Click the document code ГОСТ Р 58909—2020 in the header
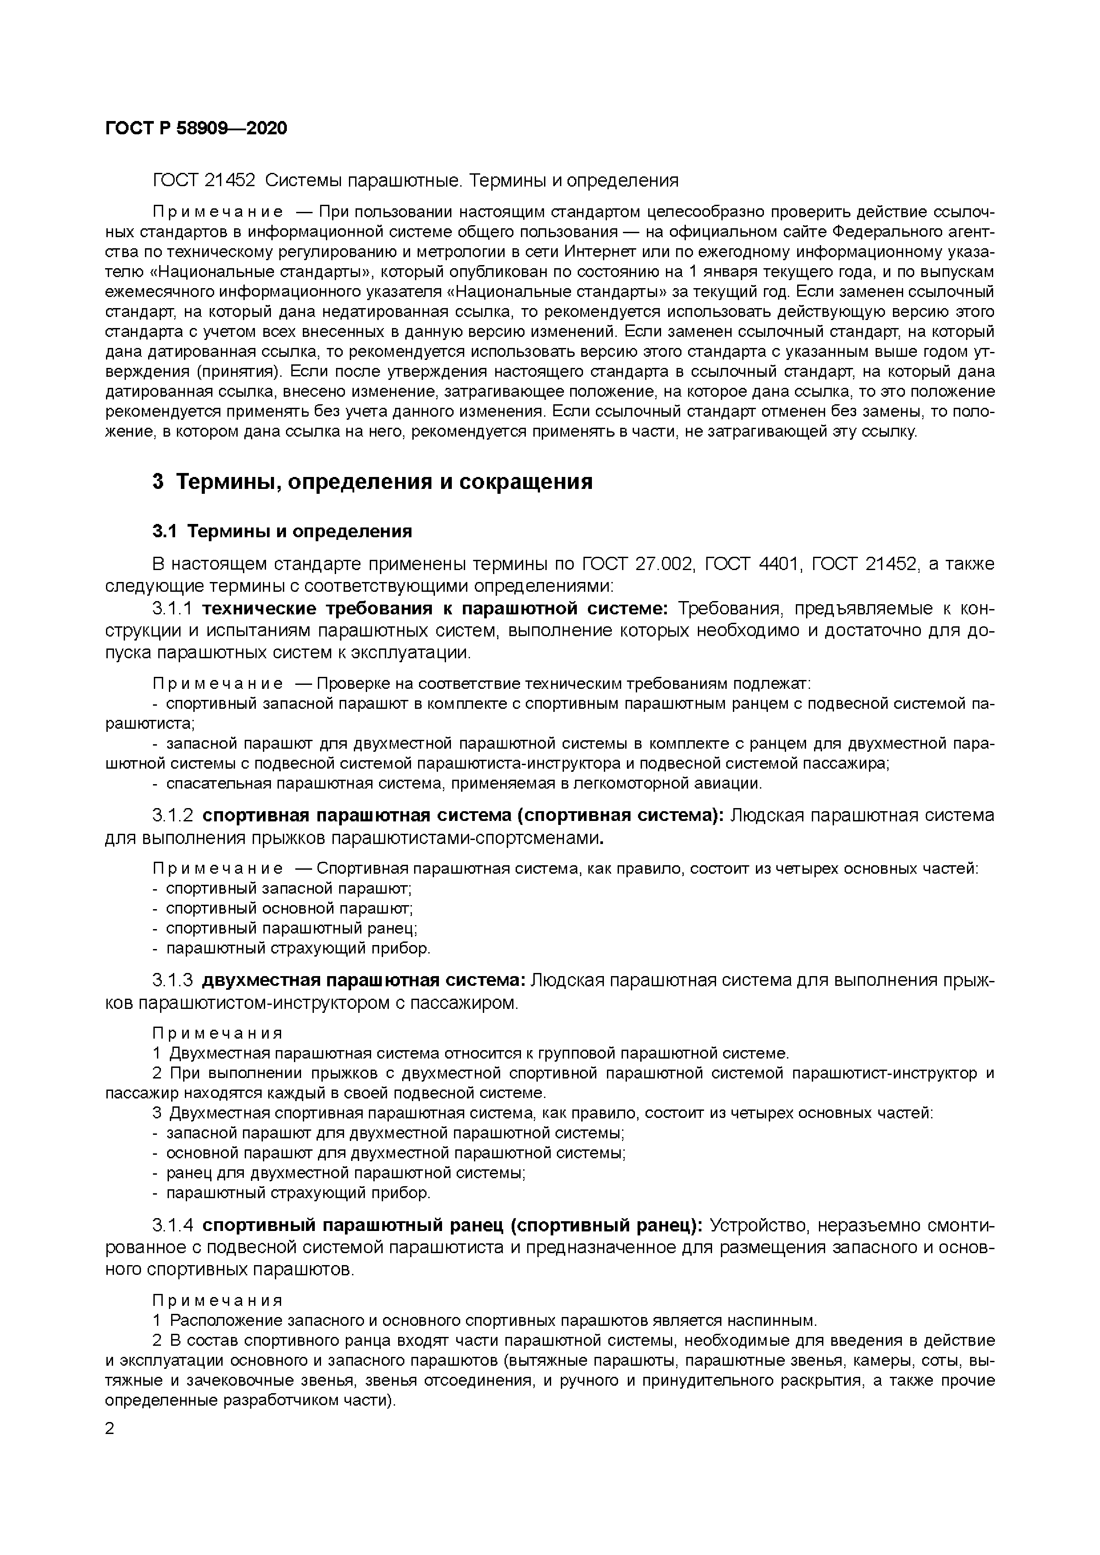(196, 128)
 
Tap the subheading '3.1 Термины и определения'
(282, 531)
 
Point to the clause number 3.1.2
(173, 816)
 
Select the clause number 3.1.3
(173, 981)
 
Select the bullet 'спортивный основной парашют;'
(289, 908)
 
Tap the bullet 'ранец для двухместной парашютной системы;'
(345, 1173)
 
